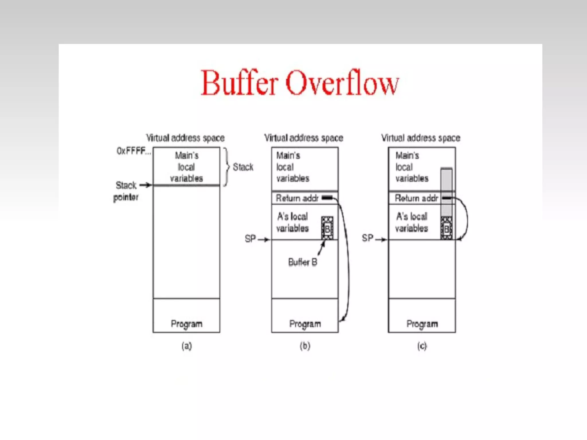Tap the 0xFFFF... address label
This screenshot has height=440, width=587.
[x=133, y=151]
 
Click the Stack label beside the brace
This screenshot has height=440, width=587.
[x=243, y=167]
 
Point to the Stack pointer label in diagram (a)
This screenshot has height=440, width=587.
[x=126, y=191]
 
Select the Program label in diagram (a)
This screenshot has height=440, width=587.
[x=187, y=324]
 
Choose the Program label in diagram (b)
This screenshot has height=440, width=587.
[x=305, y=324]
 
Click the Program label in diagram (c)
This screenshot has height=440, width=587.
[x=422, y=324]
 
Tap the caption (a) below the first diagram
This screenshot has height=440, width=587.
[x=187, y=346]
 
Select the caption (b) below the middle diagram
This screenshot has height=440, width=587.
[x=305, y=346]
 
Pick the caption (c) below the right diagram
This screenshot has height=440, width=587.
[x=422, y=346]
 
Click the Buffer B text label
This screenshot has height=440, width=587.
[x=303, y=262]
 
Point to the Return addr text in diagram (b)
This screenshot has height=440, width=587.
[x=297, y=198]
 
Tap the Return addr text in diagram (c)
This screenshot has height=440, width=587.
[x=416, y=198]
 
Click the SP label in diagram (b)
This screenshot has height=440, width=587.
[x=250, y=238]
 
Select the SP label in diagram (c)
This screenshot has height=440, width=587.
[x=367, y=238]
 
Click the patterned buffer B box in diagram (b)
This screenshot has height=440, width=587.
[x=327, y=228]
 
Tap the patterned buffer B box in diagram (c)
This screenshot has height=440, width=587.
[x=447, y=228]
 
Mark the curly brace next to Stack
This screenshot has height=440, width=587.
[x=227, y=167]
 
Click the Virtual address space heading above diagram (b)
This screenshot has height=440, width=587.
[x=304, y=138]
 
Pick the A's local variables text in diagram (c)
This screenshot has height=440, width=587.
[x=412, y=222]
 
